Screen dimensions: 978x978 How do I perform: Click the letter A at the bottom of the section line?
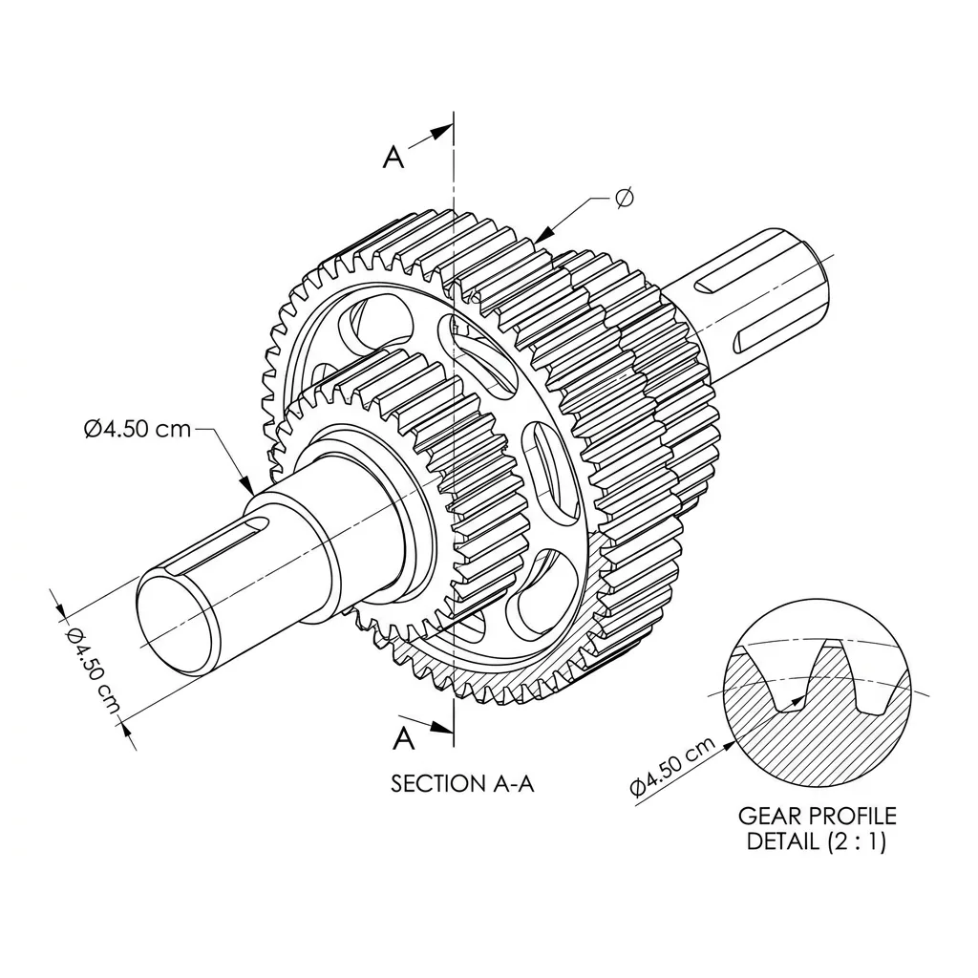point(404,738)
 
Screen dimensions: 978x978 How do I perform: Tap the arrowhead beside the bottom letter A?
point(441,727)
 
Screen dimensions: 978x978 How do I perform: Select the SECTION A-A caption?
point(462,783)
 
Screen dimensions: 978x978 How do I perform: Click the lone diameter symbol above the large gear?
point(624,198)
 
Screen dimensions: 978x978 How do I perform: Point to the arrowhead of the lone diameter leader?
point(543,234)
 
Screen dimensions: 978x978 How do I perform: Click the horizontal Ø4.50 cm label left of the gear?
point(138,429)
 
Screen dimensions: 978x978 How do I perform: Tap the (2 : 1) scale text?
point(857,842)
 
